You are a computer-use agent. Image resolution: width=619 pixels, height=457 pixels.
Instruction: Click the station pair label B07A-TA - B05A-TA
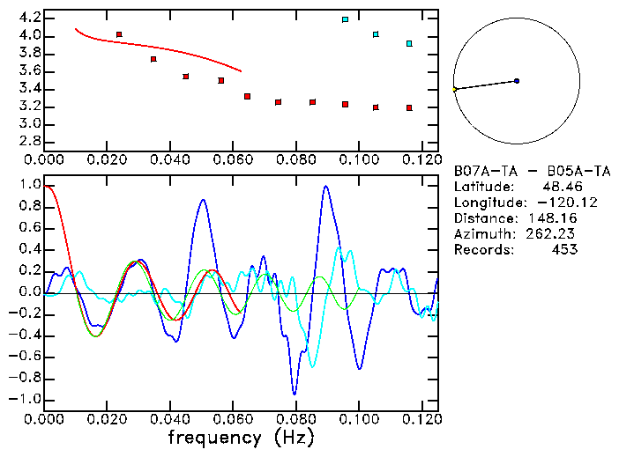click(x=532, y=171)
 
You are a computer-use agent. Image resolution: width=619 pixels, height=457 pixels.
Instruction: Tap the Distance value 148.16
click(x=552, y=218)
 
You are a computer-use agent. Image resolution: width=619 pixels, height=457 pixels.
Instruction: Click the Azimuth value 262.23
click(x=552, y=234)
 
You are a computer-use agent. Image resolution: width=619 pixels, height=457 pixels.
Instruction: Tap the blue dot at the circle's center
click(x=517, y=81)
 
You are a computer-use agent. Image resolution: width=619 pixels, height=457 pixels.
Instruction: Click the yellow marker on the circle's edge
click(x=454, y=90)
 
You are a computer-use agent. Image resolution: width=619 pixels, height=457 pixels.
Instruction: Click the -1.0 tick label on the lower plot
click(x=26, y=399)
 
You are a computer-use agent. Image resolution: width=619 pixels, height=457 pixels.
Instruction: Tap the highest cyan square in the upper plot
click(x=345, y=19)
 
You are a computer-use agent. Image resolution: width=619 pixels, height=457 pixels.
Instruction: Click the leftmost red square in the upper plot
click(x=119, y=34)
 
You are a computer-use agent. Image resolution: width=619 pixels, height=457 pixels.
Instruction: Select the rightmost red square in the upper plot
click(x=409, y=108)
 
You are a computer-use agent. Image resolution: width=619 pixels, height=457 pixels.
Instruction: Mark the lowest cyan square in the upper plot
click(x=409, y=43)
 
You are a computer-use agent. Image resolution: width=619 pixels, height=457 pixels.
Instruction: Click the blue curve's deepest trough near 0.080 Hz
click(x=295, y=393)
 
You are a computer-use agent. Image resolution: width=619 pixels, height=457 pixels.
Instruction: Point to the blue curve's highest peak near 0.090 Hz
click(x=326, y=187)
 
